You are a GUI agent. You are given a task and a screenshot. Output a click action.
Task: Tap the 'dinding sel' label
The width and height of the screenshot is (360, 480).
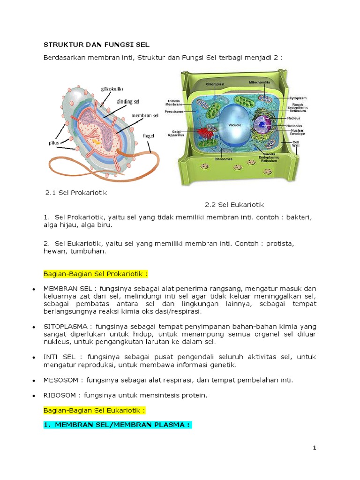click(127, 101)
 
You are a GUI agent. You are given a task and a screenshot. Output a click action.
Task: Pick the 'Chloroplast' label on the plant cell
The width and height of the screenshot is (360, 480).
click(216, 84)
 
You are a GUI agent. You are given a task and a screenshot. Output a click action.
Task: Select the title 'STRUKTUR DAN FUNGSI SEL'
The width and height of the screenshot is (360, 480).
click(96, 45)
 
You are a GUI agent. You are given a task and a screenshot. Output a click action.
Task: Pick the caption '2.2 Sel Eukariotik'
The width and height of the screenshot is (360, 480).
click(234, 205)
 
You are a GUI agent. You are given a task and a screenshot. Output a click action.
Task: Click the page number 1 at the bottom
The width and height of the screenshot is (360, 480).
click(315, 448)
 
